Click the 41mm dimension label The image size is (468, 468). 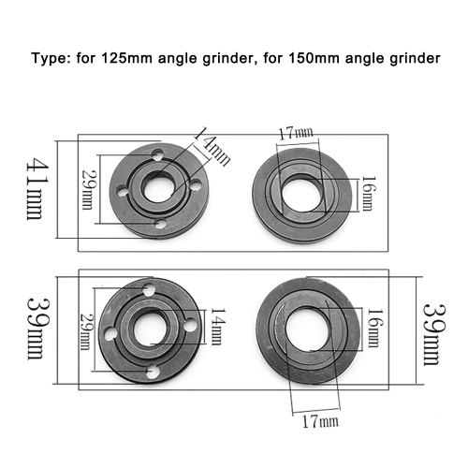tap(35, 188)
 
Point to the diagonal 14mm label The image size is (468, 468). tap(212, 146)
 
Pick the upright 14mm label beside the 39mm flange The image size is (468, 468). tap(218, 327)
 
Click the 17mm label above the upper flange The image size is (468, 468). tap(296, 134)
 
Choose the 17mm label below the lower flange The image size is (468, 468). tap(320, 421)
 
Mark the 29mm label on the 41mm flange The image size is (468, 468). tap(87, 189)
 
